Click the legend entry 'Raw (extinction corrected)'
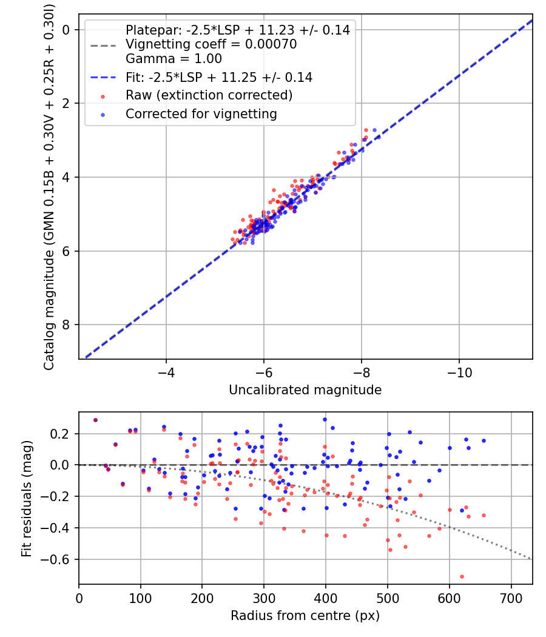pyautogui.click(x=209, y=95)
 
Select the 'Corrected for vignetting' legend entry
pyautogui.click(x=201, y=113)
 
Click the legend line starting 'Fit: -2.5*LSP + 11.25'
pyautogui.click(x=218, y=77)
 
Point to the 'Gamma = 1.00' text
pyautogui.click(x=174, y=59)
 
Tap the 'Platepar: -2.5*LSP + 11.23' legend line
pyautogui.click(x=237, y=30)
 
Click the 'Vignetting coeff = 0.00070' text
pyautogui.click(x=211, y=44)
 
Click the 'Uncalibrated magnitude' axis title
pyautogui.click(x=305, y=390)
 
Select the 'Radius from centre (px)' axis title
pyautogui.click(x=305, y=615)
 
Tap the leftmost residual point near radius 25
pyautogui.click(x=95, y=420)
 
